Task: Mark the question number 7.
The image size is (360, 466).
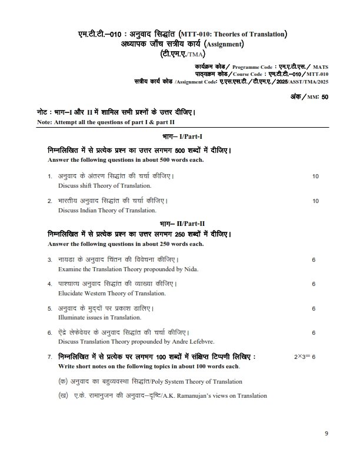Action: coord(49,357)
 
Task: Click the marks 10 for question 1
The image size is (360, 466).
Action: coord(316,176)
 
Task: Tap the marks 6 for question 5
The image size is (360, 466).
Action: coord(314,308)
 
